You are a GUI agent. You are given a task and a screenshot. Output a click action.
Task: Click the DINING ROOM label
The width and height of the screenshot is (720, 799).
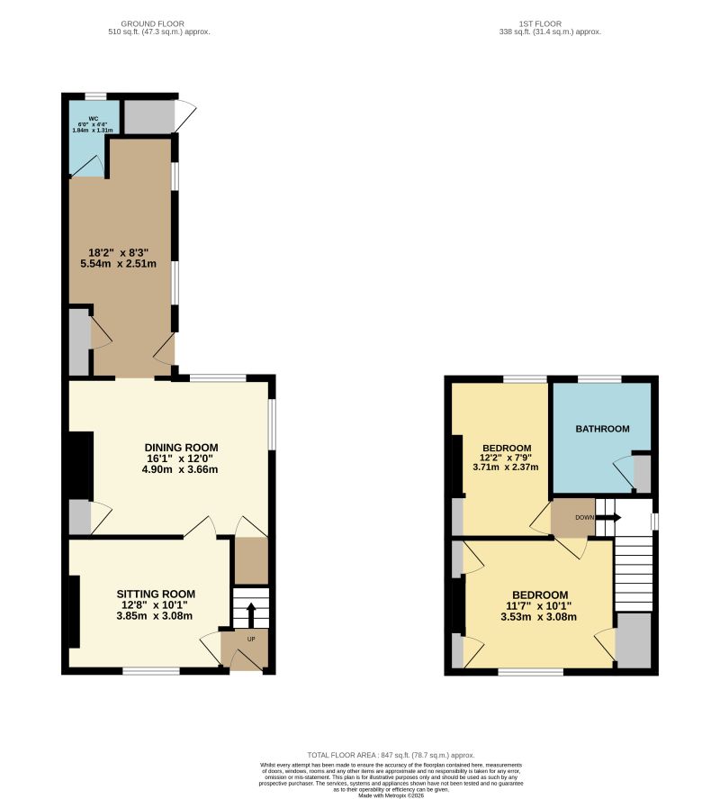coord(182,447)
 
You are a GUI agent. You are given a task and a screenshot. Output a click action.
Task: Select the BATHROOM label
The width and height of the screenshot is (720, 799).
coord(602,429)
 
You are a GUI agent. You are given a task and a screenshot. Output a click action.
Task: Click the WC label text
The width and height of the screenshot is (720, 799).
coord(93,118)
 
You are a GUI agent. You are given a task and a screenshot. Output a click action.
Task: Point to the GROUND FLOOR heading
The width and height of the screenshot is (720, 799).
coord(152,24)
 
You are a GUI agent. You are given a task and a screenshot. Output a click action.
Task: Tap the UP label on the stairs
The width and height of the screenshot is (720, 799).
coord(251,640)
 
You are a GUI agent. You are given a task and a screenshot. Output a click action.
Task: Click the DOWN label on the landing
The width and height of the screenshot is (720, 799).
coord(584,518)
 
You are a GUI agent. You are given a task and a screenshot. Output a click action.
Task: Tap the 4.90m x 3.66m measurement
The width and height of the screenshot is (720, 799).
coord(180,469)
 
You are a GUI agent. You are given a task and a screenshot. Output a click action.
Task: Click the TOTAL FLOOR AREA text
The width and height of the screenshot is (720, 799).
coord(391,755)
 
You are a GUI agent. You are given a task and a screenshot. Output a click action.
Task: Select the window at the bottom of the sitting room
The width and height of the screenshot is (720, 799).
coord(151,670)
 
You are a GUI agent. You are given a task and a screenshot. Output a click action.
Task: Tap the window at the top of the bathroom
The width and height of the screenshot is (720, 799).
coord(598,378)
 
